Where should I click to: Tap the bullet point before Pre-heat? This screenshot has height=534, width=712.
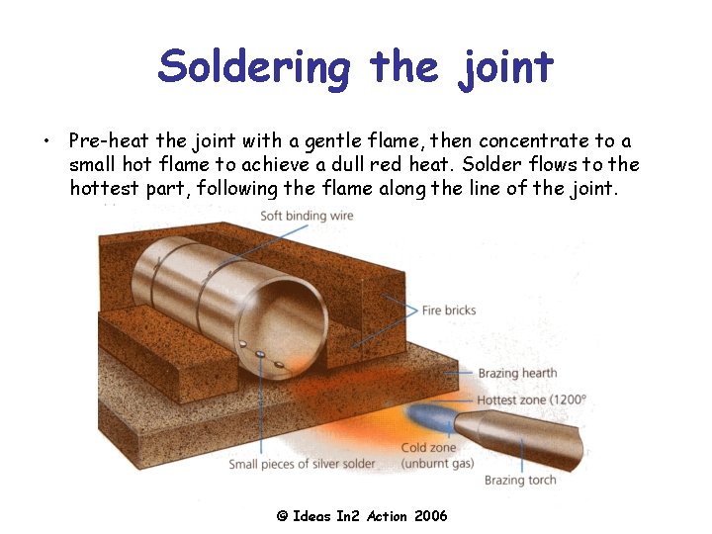[46, 142]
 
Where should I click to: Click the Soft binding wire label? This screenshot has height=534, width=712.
[307, 216]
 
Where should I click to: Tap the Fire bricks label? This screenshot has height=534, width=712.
[448, 310]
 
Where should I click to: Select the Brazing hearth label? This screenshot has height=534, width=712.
[517, 374]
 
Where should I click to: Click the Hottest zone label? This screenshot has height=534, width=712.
[531, 400]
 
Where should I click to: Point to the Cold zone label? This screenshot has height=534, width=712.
[428, 448]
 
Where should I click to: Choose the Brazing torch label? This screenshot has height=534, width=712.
[520, 481]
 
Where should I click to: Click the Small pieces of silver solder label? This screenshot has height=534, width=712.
[302, 464]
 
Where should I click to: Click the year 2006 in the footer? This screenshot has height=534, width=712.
[430, 516]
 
